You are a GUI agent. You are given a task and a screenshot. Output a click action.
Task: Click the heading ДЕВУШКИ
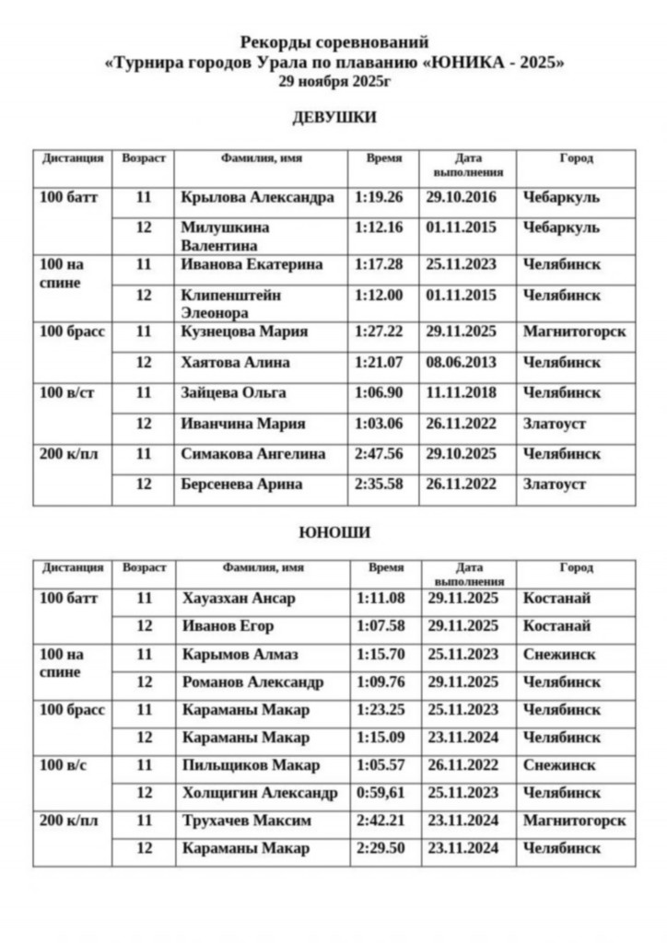pos(333,118)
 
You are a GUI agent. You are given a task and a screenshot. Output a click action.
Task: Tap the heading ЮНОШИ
pos(333,532)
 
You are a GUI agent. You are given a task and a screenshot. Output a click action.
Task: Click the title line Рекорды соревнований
pos(333,41)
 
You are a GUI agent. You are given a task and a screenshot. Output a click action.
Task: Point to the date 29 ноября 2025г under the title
pos(333,81)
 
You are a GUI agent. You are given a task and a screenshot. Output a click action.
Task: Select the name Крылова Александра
pos(257,197)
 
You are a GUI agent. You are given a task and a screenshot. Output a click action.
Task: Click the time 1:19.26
pos(380,197)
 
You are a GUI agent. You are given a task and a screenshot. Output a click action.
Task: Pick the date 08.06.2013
pos(462,362)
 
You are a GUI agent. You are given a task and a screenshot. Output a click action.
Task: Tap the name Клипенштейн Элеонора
pos(231,304)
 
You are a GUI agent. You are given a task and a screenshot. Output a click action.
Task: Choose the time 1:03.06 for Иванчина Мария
pos(380,424)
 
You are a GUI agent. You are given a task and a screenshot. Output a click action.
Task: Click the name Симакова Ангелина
pos(253,454)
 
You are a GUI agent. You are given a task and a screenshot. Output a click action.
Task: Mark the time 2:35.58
pos(380,484)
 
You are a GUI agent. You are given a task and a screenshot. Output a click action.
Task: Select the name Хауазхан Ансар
pos(239,599)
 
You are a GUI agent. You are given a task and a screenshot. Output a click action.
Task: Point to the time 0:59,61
pos(380,793)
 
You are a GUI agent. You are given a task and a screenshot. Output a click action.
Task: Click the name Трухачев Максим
pos(246,821)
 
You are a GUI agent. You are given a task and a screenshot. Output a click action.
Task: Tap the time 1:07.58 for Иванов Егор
pos(380,626)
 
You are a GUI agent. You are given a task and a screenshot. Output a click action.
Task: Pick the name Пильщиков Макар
pos(251,765)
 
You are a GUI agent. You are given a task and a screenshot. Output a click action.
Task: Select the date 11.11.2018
pos(462,392)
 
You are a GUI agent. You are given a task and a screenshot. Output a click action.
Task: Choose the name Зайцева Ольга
pos(234,392)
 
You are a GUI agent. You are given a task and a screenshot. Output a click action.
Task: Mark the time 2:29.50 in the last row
pos(380,848)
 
